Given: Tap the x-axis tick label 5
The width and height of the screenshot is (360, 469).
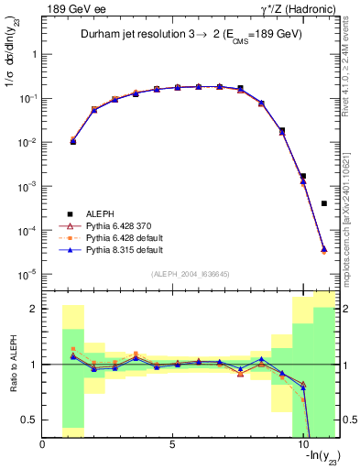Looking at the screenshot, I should point(172,443).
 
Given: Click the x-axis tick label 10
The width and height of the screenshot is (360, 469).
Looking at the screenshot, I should point(302,443).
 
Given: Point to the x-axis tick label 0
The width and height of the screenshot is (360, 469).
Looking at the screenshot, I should point(43,443).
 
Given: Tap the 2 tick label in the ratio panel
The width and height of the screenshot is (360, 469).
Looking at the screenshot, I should point(34,309).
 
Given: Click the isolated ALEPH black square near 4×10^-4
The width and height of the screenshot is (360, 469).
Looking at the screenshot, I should point(324,203).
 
